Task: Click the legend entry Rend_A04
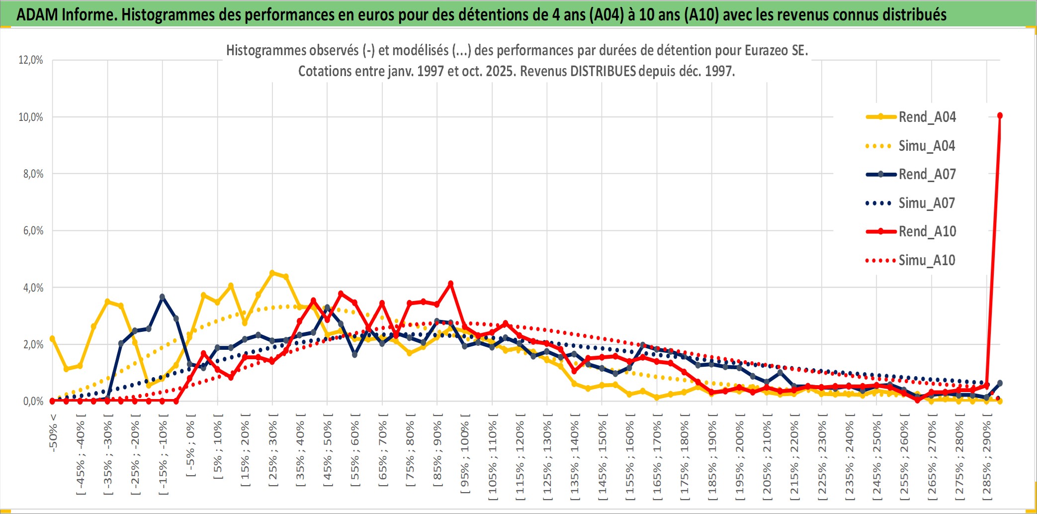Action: pyautogui.click(x=927, y=117)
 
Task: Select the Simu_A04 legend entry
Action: pyautogui.click(x=927, y=146)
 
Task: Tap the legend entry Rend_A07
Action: pyautogui.click(x=927, y=174)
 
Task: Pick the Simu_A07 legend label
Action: pyautogui.click(x=927, y=203)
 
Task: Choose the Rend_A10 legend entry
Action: pyautogui.click(x=927, y=231)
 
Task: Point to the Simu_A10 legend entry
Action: pyautogui.click(x=927, y=260)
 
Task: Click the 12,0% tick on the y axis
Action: pyautogui.click(x=31, y=60)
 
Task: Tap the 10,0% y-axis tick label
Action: pyautogui.click(x=31, y=117)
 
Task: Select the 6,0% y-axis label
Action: pyautogui.click(x=33, y=231)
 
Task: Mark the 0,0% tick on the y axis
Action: pyautogui.click(x=33, y=401)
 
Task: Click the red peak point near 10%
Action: pyautogui.click(x=1000, y=115)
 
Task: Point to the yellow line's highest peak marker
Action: pyautogui.click(x=272, y=273)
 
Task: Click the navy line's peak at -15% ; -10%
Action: pyautogui.click(x=162, y=297)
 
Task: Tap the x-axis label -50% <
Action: pyautogui.click(x=53, y=433)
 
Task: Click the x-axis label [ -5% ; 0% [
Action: pyautogui.click(x=190, y=445)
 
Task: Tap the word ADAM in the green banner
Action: pyautogui.click(x=37, y=14)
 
